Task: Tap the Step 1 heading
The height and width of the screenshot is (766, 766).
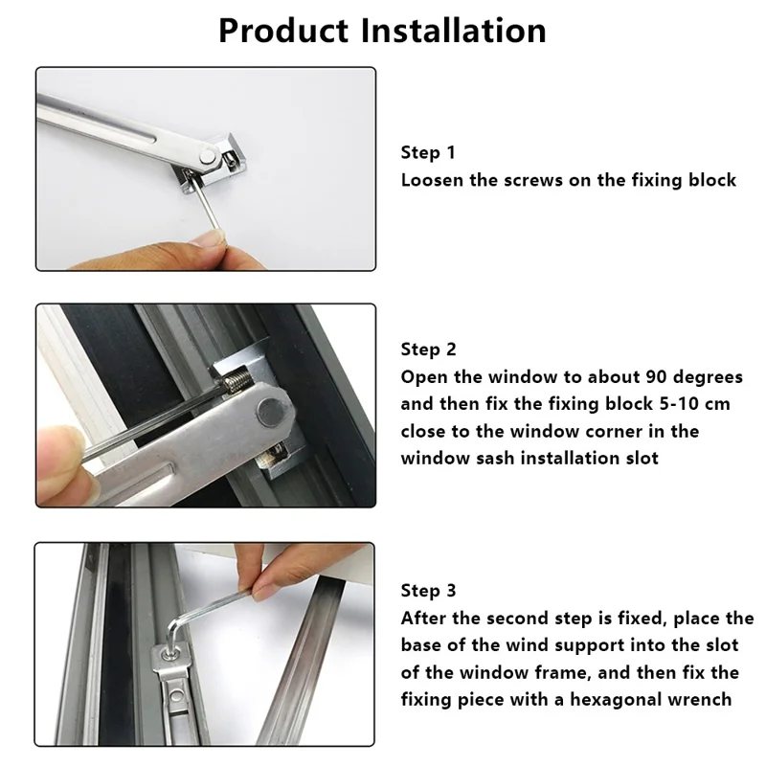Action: click(x=428, y=152)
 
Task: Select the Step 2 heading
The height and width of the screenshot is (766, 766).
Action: click(x=428, y=349)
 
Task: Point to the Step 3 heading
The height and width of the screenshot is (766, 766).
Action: click(x=428, y=590)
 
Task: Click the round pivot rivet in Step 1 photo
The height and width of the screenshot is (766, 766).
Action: click(x=203, y=153)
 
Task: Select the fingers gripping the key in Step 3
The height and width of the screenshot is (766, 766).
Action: click(x=278, y=574)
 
